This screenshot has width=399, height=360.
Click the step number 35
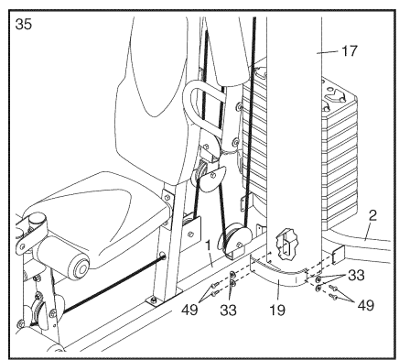[x=24, y=24]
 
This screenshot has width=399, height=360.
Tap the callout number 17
[x=349, y=50]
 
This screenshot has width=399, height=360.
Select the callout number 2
[x=372, y=216]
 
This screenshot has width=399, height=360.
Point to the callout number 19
[x=277, y=310]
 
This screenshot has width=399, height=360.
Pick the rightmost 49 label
[x=365, y=304]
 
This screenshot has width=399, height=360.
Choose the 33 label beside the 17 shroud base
[x=356, y=275]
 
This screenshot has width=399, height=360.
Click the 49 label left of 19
[x=189, y=311]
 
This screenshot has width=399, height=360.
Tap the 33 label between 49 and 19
[x=228, y=311]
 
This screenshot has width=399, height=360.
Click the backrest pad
[x=153, y=92]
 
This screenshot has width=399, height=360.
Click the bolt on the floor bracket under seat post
[x=155, y=301]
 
